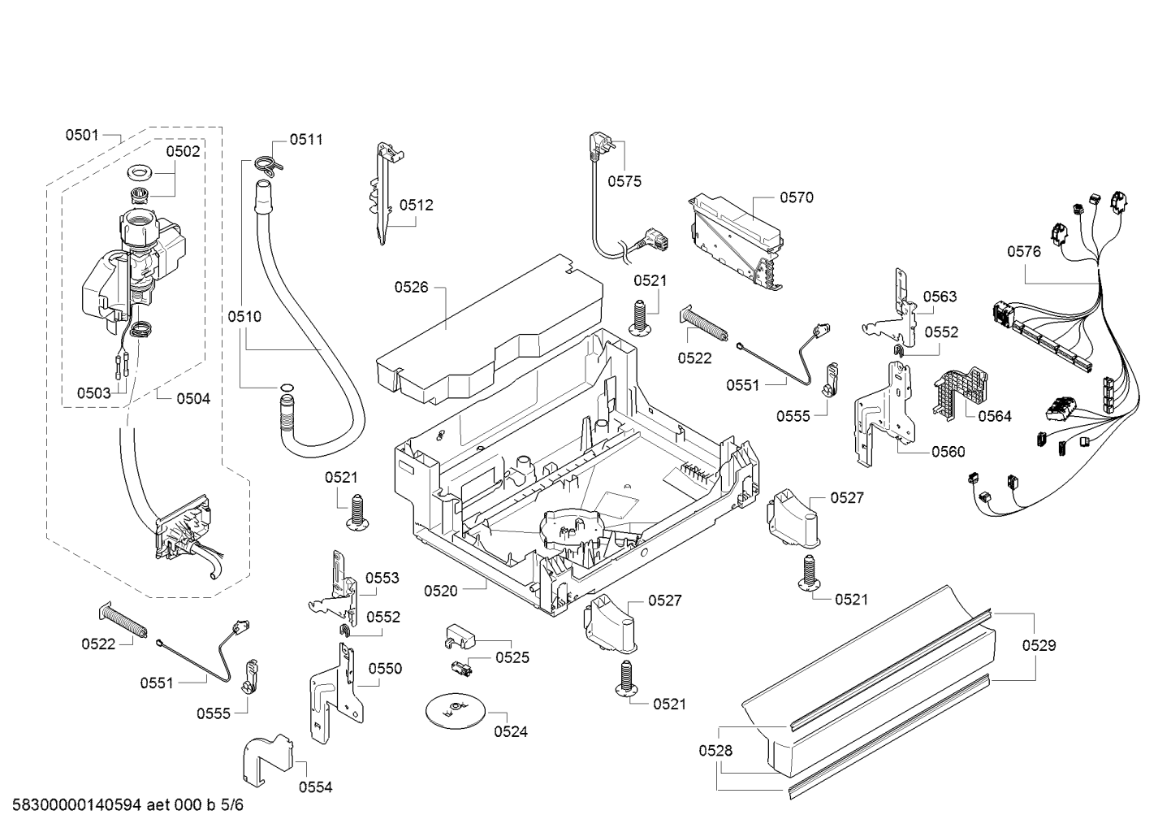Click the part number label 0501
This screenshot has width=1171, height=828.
pos(82,135)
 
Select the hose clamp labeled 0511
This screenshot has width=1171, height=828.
pos(269,163)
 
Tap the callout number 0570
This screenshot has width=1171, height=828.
pos(797,197)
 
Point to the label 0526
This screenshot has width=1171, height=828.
pos(411,287)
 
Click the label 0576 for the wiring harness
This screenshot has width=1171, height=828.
pos(1024,252)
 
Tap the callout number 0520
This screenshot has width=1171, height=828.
pos(441,591)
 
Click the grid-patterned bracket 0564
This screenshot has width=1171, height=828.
pos(961,392)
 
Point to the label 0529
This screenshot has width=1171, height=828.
pos(1039,645)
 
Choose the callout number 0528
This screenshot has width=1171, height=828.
pos(715,751)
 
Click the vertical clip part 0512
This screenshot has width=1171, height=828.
pos(386,193)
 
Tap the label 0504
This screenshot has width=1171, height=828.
pos(193,399)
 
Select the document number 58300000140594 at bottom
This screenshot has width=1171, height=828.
pos(76,805)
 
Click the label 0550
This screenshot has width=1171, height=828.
pos(385,669)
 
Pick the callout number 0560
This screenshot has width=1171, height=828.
pos(948,452)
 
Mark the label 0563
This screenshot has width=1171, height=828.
pos(940,297)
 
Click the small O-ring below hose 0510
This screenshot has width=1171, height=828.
pos(287,388)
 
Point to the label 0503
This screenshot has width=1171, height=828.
pos(94,392)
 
